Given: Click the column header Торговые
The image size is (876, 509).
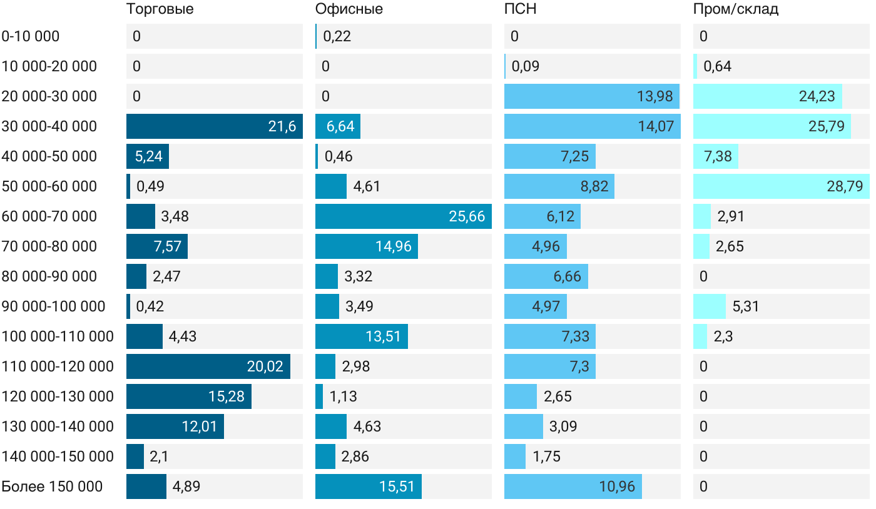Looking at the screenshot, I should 160,9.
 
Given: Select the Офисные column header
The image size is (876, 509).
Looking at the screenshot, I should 349,9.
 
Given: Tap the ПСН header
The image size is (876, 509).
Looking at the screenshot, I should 521,9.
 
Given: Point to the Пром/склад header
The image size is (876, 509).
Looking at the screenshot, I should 736,9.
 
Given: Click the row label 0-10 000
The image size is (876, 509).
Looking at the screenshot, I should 31,36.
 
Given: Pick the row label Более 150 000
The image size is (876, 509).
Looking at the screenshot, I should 52,486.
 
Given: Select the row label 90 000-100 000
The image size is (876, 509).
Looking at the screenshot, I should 53,306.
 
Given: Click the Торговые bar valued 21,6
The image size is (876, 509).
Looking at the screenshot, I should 215,126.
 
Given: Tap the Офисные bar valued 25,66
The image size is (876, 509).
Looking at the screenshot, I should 404,216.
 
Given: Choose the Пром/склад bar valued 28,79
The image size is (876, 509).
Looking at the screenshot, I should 782,186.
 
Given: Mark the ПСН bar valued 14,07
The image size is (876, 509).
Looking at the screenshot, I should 593,126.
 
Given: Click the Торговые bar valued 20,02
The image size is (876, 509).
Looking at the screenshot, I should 208,366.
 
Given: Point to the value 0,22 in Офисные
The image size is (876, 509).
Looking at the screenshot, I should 337,36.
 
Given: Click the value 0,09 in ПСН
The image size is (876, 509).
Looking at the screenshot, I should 526,66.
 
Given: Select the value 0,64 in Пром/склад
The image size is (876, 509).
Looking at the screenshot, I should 717,66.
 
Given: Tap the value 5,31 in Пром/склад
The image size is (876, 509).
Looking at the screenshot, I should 745,306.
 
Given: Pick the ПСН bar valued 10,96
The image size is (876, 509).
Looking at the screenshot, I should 573,486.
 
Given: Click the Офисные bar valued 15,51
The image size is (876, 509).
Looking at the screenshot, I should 369,486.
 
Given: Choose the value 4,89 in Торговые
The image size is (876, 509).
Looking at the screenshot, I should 186,486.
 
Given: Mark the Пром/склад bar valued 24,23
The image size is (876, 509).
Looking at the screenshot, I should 768,96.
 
